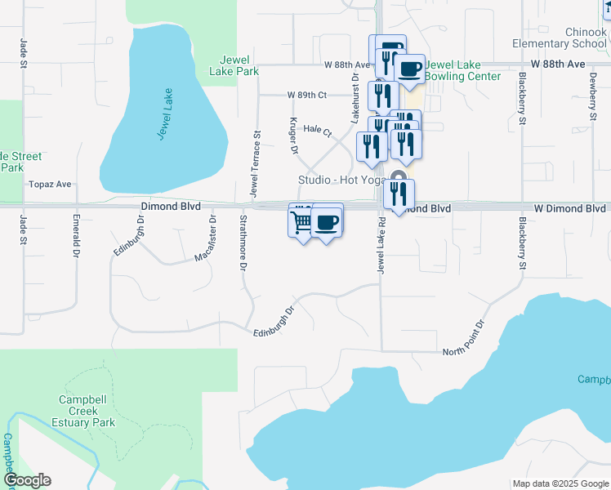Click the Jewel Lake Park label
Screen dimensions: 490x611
tap(239, 65)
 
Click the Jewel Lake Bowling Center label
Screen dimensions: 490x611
tap(463, 70)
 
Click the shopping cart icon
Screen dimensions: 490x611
tap(301, 220)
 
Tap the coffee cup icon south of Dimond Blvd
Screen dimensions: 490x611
tap(327, 221)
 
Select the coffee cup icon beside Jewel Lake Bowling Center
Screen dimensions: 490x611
tap(409, 69)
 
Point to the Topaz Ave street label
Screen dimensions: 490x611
tap(51, 185)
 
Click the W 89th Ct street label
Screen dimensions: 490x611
tap(307, 95)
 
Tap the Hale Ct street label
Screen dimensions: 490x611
tap(317, 129)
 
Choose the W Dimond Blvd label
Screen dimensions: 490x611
tap(570, 208)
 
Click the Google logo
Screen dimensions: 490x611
tap(27, 480)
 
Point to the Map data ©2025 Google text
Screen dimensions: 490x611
tap(560, 483)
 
